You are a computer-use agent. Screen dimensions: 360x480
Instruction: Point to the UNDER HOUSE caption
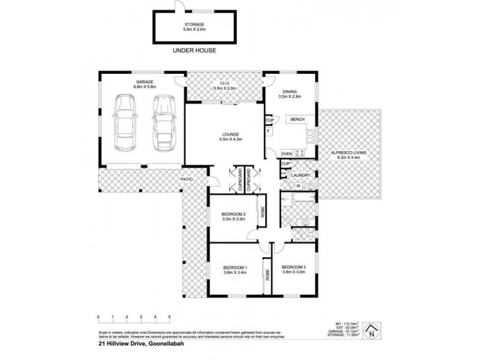click(x=194, y=50)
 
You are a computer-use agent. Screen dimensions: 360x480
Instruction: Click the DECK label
click(x=224, y=83)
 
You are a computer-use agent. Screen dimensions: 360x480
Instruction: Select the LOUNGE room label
click(x=230, y=134)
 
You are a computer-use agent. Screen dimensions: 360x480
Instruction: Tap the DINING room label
click(x=289, y=91)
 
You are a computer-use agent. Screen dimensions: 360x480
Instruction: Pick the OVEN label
click(x=287, y=154)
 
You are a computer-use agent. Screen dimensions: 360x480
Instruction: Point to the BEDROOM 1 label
click(x=235, y=267)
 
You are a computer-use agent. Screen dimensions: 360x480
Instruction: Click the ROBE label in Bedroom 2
click(x=262, y=212)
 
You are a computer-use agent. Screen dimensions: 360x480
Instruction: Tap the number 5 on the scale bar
click(x=170, y=316)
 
